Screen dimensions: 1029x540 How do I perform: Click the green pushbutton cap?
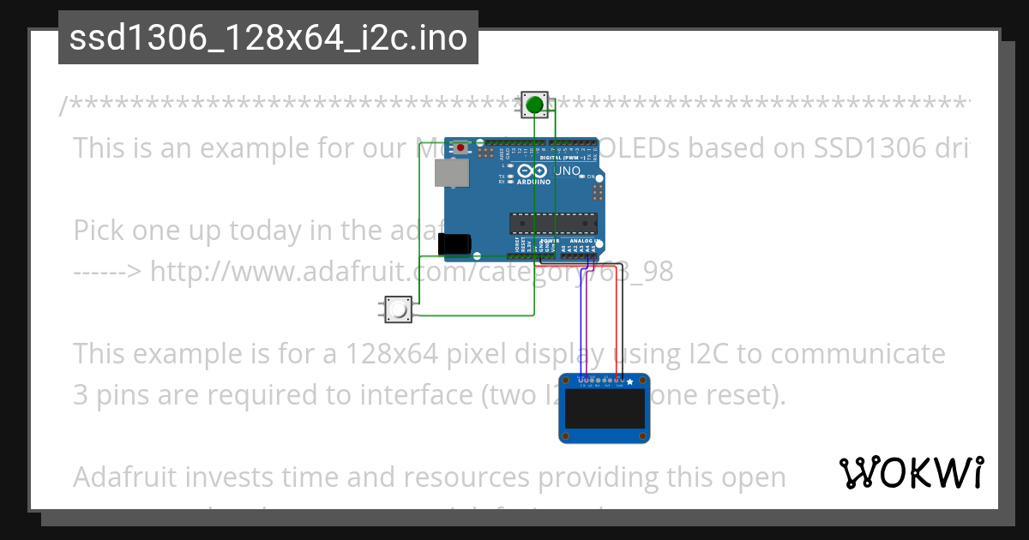tap(535, 105)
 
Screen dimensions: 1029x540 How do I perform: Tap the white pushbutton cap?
tap(398, 309)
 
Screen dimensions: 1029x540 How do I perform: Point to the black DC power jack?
tap(454, 245)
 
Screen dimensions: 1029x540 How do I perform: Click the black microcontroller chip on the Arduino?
tap(553, 223)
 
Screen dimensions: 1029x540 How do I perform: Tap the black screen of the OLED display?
tap(604, 410)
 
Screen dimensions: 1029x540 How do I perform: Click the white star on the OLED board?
tap(630, 381)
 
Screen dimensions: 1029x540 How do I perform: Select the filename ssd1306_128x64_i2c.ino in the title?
tap(268, 38)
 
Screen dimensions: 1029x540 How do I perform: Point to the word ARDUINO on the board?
tap(533, 182)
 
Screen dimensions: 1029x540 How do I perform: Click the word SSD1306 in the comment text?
tap(865, 147)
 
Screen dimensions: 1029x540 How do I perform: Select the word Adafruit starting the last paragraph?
tap(129, 477)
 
